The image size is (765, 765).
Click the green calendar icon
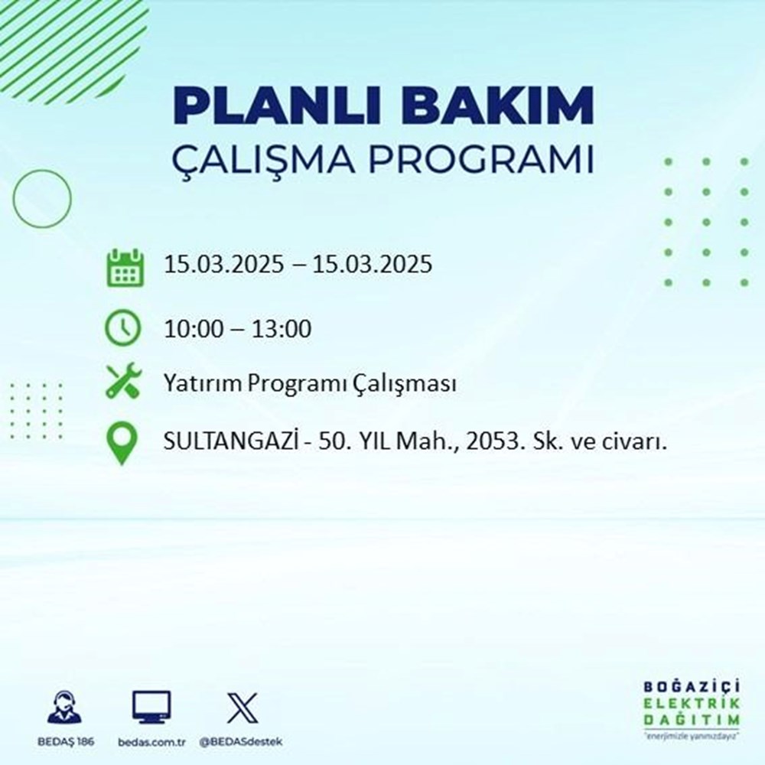pos(123,267)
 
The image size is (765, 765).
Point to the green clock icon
pos(123,330)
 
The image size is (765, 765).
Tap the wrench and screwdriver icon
pos(123,382)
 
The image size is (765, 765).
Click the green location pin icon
pos(123,443)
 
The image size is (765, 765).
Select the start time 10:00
pos(194,330)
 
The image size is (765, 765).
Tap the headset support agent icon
pos(65,708)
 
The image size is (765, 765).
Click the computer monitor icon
pos(151,708)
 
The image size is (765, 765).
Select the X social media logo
pos(242,708)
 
